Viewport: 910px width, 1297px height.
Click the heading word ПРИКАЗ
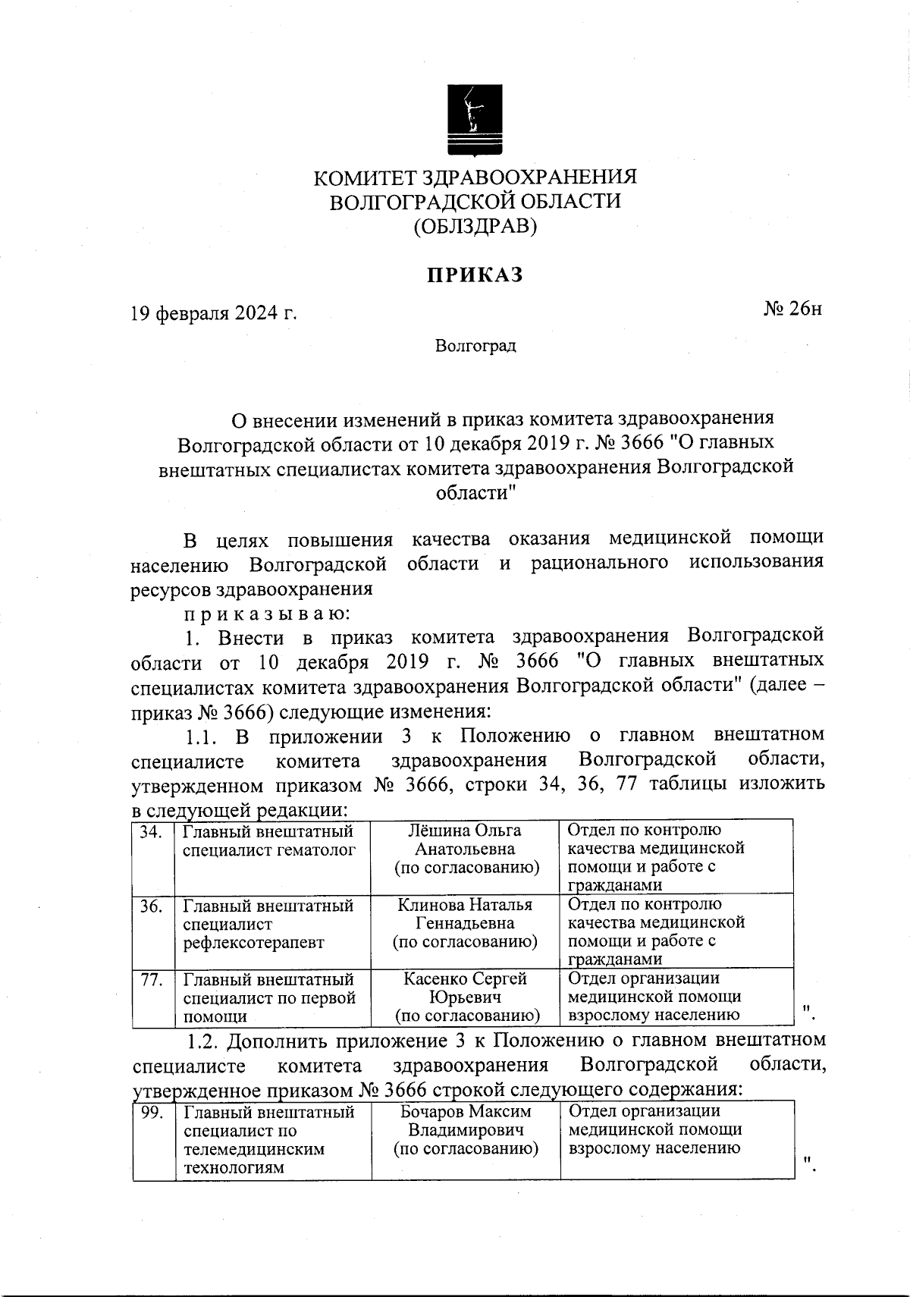[x=475, y=275]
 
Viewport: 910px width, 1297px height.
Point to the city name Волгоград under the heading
[x=475, y=347]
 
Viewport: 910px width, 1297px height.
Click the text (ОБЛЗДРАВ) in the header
[x=475, y=226]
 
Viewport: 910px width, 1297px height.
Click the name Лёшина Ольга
[x=466, y=831]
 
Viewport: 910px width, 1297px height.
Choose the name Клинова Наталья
[x=465, y=905]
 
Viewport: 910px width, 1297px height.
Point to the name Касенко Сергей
[x=465, y=979]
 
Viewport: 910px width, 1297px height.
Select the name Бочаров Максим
[x=466, y=1112]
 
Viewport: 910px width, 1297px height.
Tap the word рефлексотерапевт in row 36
[x=253, y=943]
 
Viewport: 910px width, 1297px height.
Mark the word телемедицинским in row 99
[x=254, y=1149]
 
